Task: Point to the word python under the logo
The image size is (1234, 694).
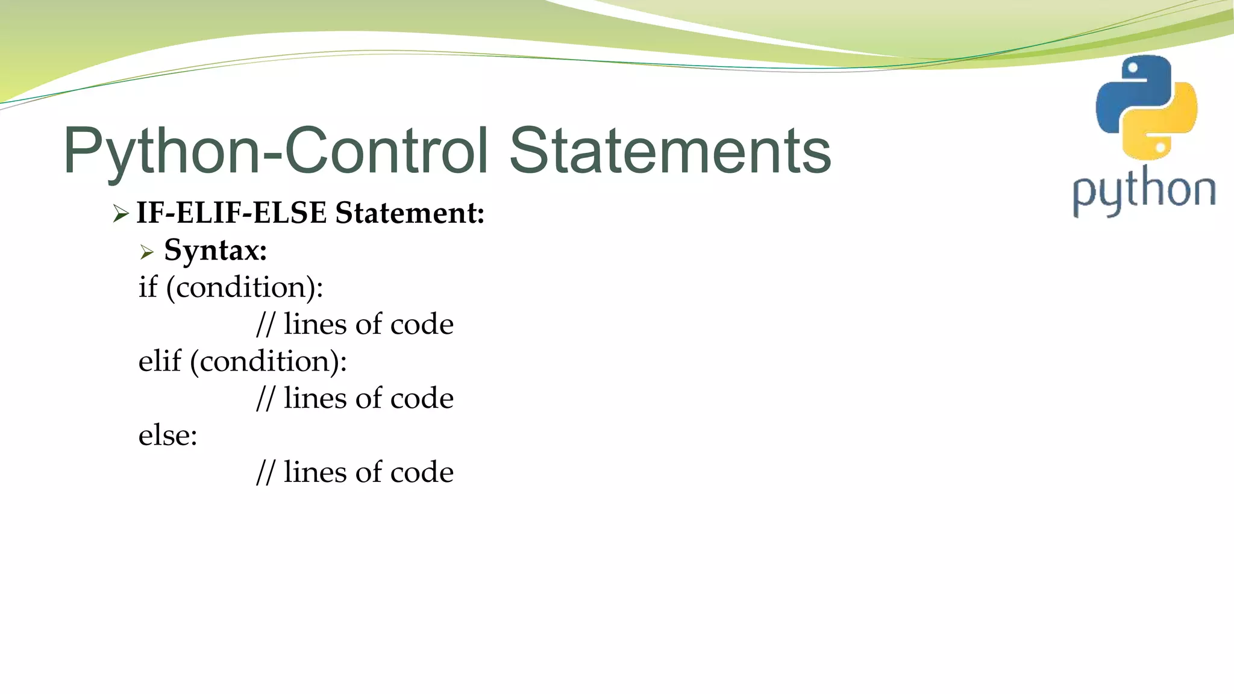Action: coord(1144,192)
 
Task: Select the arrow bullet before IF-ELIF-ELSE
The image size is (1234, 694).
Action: coord(121,213)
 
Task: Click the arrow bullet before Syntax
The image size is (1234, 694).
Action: coord(147,252)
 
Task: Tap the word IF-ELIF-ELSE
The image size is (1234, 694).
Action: coord(233,213)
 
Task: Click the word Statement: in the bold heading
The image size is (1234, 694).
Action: coord(410,213)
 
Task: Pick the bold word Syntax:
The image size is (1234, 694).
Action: coord(215,250)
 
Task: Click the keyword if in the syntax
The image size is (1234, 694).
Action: coord(148,287)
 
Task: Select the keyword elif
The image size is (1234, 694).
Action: coord(160,361)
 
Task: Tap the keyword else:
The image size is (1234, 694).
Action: coord(168,435)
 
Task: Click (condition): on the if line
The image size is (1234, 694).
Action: coord(245,287)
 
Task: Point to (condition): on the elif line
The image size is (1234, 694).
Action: coord(269,361)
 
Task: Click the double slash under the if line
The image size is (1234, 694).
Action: coord(265,325)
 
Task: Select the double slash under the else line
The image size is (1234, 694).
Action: coord(265,473)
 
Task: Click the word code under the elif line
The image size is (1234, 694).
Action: coord(422,398)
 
